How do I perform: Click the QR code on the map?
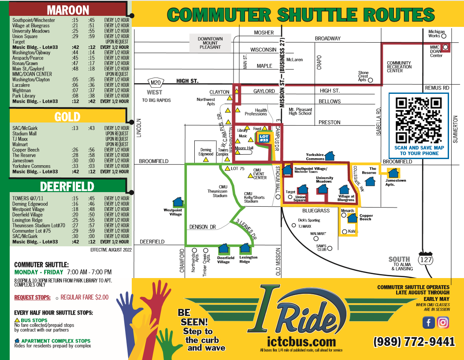pyautogui.click(x=418, y=120)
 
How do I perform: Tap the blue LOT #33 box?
pyautogui.click(x=264, y=138)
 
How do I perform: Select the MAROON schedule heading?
pyautogui.click(x=68, y=10)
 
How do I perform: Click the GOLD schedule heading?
pyautogui.click(x=67, y=116)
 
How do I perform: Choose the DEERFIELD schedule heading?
pyautogui.click(x=67, y=186)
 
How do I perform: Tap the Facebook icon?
pyautogui.click(x=428, y=323)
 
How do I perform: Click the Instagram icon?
pyautogui.click(x=443, y=323)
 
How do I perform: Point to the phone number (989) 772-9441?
pyautogui.click(x=414, y=341)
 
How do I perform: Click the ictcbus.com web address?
pyautogui.click(x=301, y=342)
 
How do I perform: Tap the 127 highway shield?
pyautogui.click(x=426, y=260)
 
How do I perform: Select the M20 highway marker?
pyautogui.click(x=155, y=82)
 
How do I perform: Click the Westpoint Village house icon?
pyautogui.click(x=178, y=202)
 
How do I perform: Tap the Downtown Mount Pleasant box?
pyautogui.click(x=210, y=43)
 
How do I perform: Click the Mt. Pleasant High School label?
pyautogui.click(x=300, y=111)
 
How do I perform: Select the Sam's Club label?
pyautogui.click(x=321, y=247)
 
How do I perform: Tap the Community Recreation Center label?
pyautogui.click(x=399, y=67)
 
